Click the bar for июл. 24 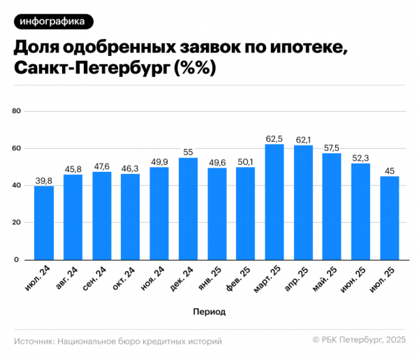coord(44,223)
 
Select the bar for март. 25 coord(274,202)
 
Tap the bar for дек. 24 coord(188,209)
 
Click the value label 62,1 coord(303,140)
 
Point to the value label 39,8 coord(44,181)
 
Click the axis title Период coord(209,310)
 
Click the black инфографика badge coord(53,22)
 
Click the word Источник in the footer coord(34,342)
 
